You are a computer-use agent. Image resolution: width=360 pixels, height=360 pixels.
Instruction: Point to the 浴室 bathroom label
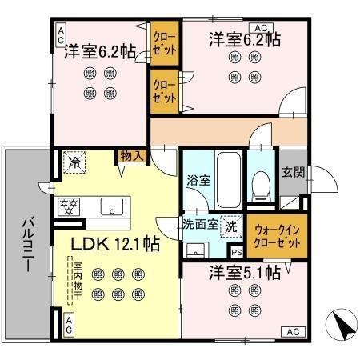(x=198, y=180)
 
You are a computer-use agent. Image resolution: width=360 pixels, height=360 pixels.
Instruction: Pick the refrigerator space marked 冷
(x=74, y=163)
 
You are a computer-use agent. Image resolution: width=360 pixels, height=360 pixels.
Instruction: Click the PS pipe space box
(x=235, y=252)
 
